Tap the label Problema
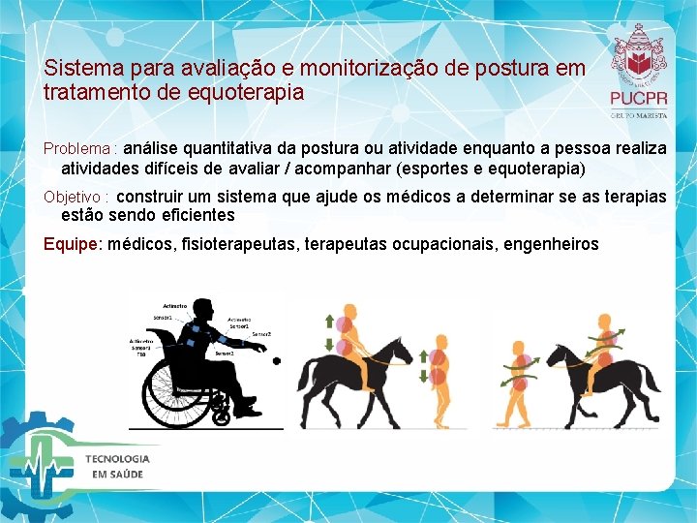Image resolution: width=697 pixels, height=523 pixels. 77,149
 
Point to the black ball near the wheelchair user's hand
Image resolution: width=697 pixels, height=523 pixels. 277,361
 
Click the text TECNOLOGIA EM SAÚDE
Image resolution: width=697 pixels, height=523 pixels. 116,466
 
